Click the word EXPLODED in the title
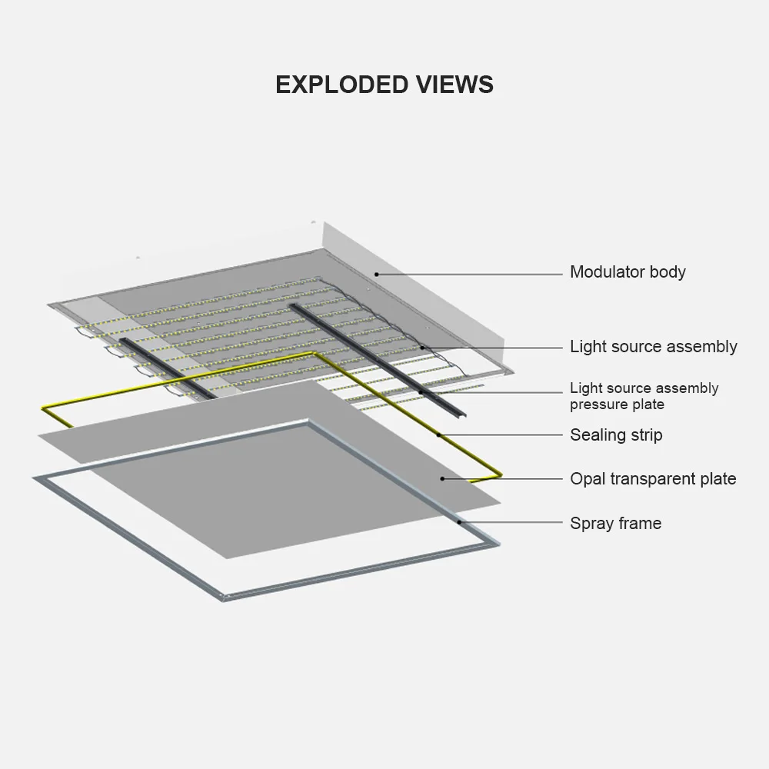tap(343, 85)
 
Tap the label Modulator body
tap(628, 272)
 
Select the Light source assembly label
tap(653, 347)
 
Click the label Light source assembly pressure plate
tap(644, 396)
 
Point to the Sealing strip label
tap(615, 435)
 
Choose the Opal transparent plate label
tap(652, 479)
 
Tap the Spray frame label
tap(615, 524)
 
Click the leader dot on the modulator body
tap(376, 273)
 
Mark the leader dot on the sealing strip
tap(439, 435)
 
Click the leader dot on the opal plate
tap(443, 478)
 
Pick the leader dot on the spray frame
tap(460, 522)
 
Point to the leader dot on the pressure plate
tap(421, 392)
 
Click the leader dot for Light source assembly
tap(422, 348)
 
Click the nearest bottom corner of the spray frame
tap(224, 597)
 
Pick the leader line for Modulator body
tap(469, 273)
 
